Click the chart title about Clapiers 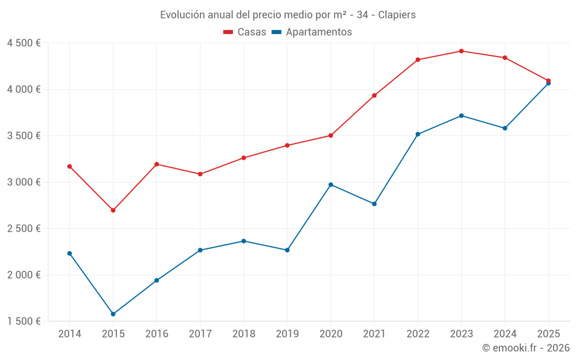click(287, 14)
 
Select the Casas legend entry click(245, 32)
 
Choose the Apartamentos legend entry click(312, 32)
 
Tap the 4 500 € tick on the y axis click(24, 43)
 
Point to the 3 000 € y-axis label click(24, 182)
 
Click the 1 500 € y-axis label click(24, 321)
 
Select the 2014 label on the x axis click(70, 334)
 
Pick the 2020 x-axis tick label click(331, 334)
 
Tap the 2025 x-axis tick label click(548, 334)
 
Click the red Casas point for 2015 click(113, 210)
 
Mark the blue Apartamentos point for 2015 click(113, 314)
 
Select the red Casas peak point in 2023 click(461, 51)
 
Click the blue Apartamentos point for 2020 click(331, 184)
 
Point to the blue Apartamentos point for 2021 click(374, 204)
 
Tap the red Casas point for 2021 click(374, 96)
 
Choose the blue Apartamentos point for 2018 click(244, 241)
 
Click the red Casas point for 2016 click(157, 164)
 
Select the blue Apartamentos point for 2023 click(461, 116)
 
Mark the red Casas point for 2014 click(70, 166)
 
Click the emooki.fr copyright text click(525, 348)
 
